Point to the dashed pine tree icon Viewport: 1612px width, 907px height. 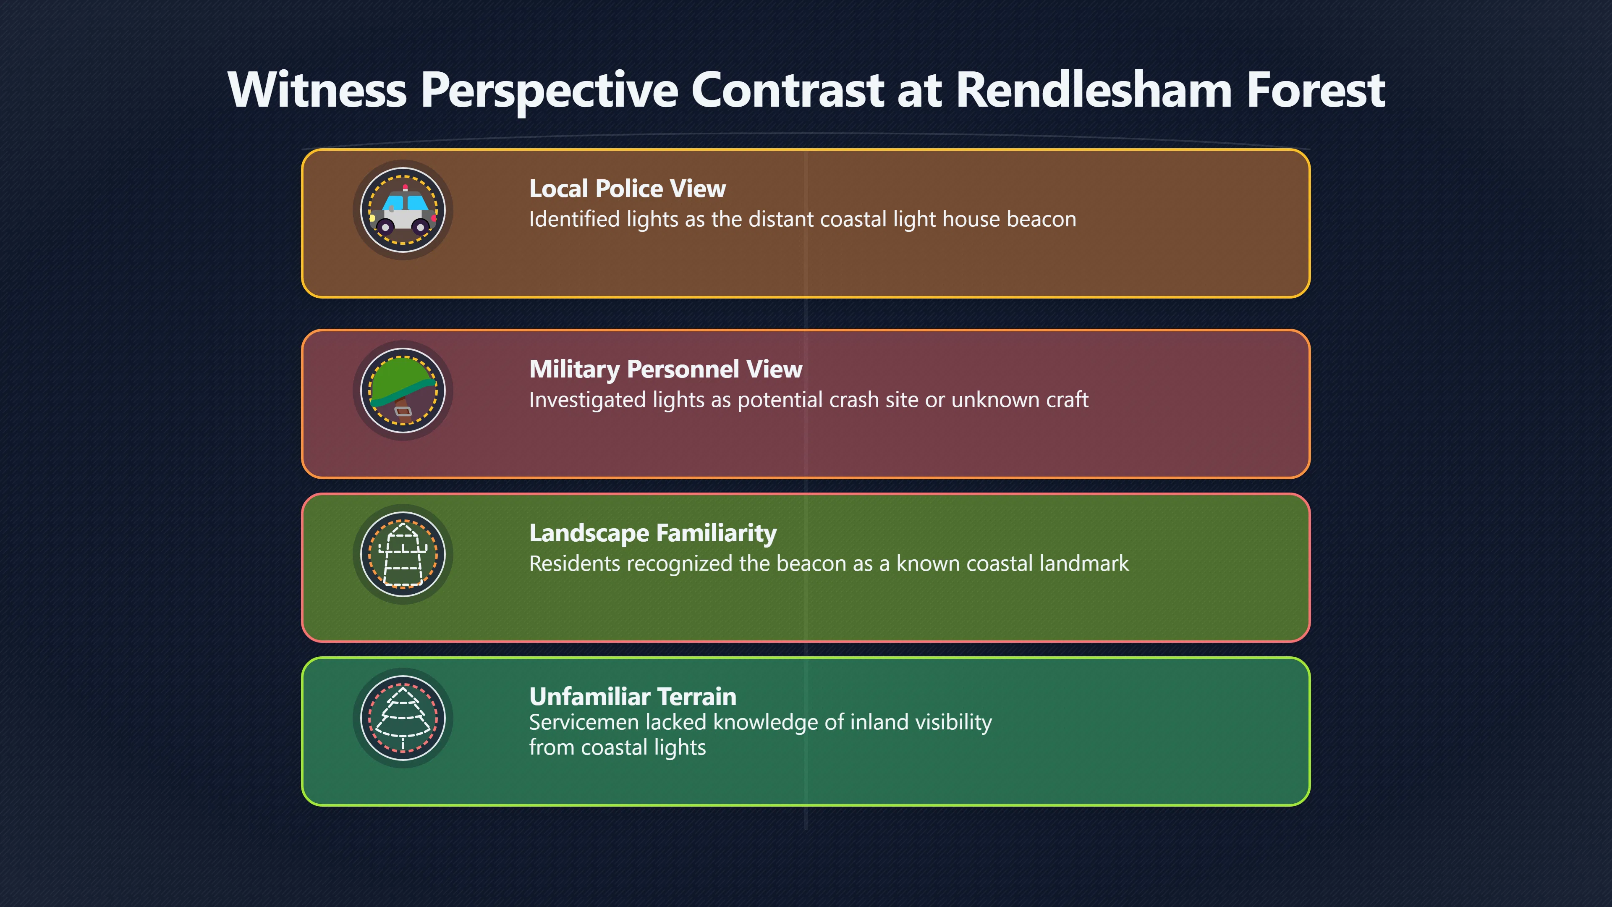click(x=403, y=718)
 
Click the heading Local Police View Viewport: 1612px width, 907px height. click(x=627, y=189)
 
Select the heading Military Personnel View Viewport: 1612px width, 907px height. click(x=666, y=370)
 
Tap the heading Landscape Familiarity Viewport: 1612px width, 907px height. click(x=653, y=533)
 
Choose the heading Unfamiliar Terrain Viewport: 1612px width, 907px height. click(x=633, y=697)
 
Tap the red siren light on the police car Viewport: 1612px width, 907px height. click(x=405, y=187)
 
